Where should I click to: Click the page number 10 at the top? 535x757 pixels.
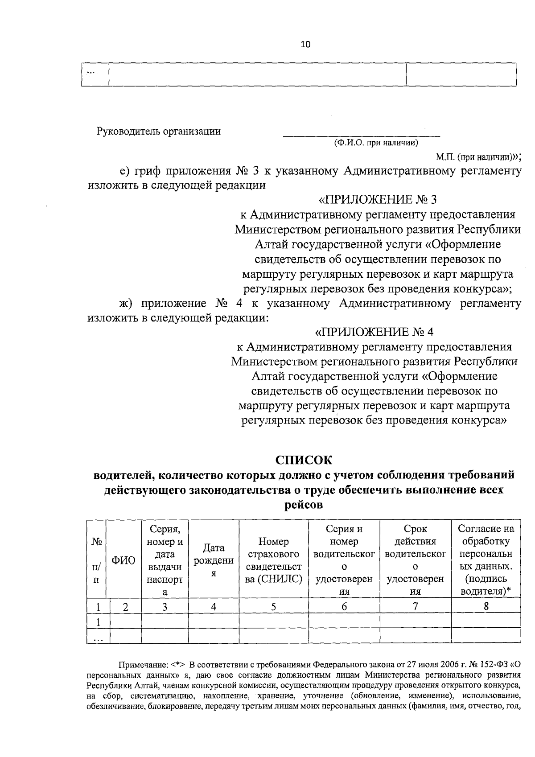click(305, 44)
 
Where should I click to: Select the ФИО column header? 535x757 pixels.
click(123, 560)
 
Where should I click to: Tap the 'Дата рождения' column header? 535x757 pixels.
click(214, 560)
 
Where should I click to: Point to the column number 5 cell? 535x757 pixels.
click(274, 606)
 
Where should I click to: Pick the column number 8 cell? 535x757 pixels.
click(486, 606)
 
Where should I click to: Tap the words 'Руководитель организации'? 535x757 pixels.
click(159, 131)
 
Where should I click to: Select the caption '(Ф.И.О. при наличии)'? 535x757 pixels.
click(376, 143)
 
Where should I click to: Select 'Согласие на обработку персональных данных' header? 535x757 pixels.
click(486, 560)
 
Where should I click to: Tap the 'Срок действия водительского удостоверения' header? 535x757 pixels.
click(415, 560)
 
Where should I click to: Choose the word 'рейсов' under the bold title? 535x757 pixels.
click(304, 505)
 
